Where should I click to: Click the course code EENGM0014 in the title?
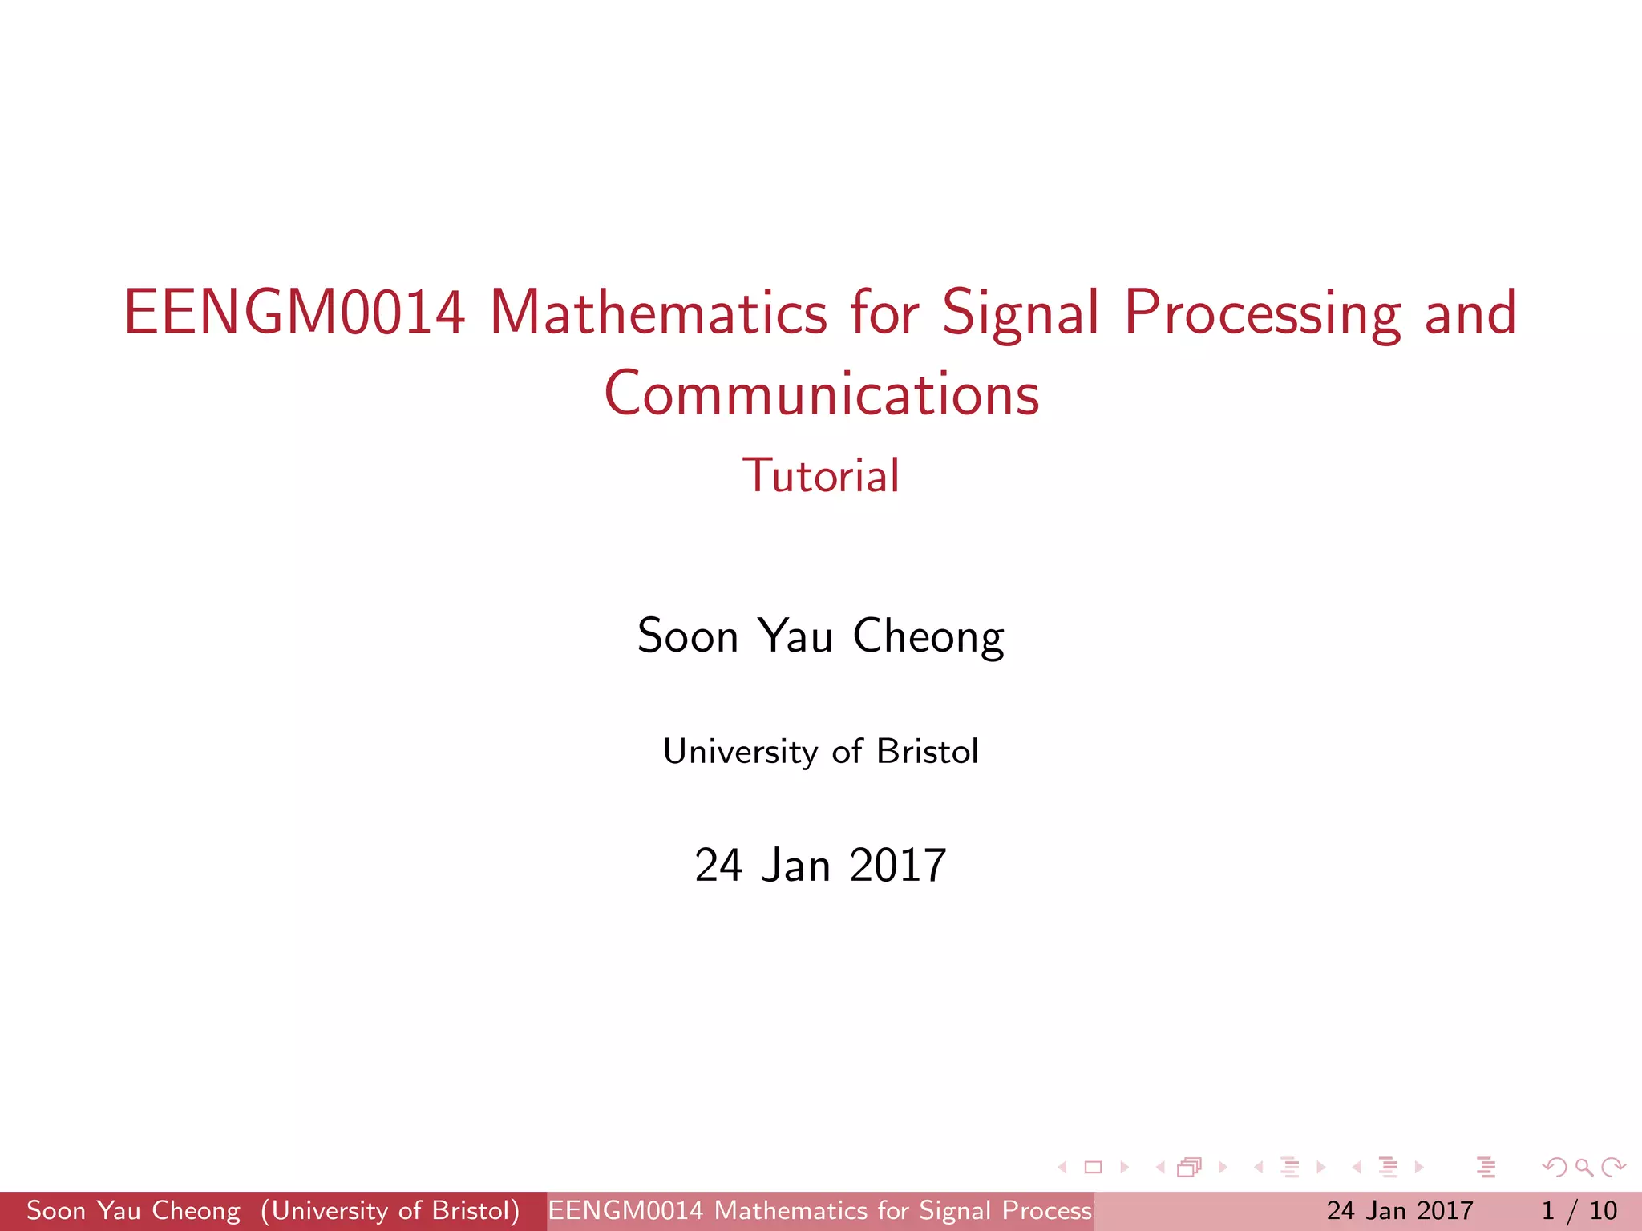point(294,313)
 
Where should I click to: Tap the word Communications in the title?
point(821,394)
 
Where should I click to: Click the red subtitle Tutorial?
point(821,475)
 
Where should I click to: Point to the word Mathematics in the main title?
point(657,313)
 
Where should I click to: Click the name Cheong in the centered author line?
point(928,637)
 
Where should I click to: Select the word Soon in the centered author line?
point(687,637)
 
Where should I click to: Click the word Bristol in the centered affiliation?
point(927,752)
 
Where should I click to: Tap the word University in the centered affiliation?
point(740,752)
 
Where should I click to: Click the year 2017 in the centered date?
point(898,866)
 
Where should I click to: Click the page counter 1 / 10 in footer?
point(1579,1210)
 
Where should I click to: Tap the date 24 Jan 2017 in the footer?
point(1399,1210)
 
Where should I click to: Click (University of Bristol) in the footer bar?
point(390,1210)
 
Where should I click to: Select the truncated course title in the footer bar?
point(819,1210)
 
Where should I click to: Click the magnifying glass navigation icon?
point(1583,1167)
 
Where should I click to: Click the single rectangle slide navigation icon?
point(1093,1167)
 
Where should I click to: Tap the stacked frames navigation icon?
point(1190,1167)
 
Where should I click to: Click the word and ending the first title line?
point(1471,313)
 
